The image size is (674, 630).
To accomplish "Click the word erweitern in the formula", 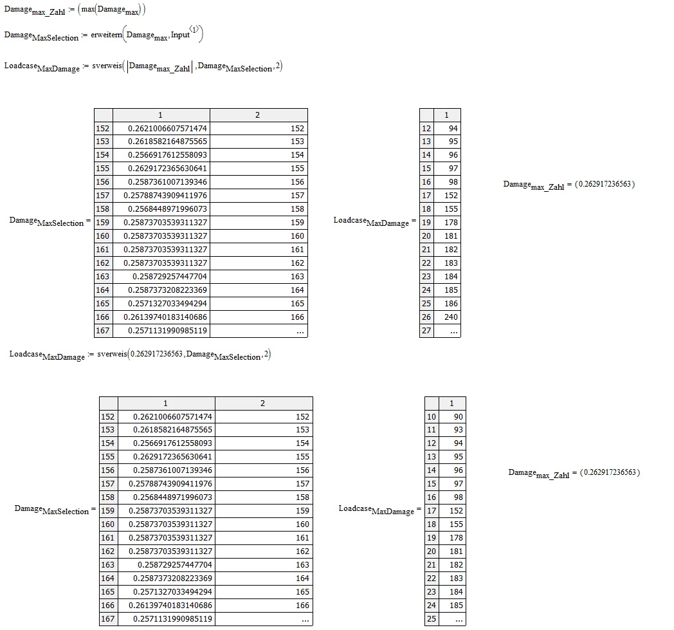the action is [106, 35].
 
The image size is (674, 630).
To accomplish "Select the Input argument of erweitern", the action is [180, 35].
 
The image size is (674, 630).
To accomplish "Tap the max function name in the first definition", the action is [87, 9].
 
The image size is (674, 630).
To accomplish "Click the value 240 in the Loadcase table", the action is [451, 317].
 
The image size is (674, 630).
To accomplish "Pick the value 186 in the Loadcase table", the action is [451, 304].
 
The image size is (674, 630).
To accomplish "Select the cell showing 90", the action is [459, 417].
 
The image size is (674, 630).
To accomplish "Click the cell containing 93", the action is [459, 430].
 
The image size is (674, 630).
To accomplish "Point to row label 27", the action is [426, 331].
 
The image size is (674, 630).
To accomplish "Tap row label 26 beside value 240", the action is [426, 317].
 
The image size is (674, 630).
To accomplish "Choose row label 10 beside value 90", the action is [432, 417].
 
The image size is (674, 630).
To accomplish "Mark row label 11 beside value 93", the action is [432, 430].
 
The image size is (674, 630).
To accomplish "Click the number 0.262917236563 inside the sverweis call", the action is [156, 354].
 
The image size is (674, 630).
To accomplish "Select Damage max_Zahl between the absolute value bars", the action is [159, 68].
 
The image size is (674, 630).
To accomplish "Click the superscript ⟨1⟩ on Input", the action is [194, 29].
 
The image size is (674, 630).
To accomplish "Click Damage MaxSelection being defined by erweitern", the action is [41, 36].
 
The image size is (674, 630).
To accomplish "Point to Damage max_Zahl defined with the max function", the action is [34, 11].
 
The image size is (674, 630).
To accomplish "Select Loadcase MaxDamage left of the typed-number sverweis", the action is [47, 356].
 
